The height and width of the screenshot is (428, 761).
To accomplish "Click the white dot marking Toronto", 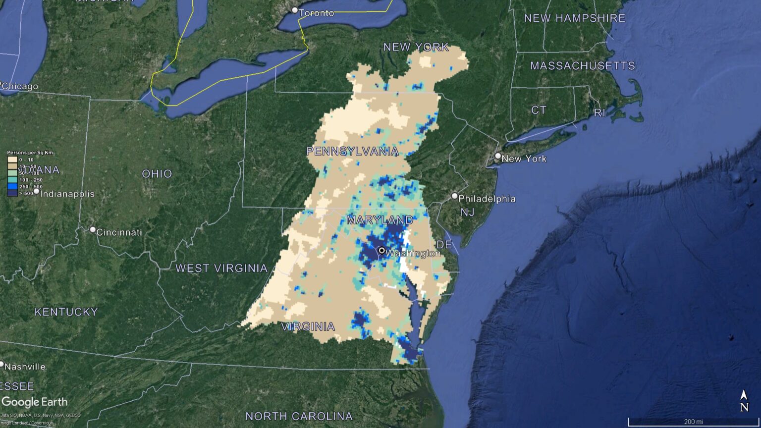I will pos(295,10).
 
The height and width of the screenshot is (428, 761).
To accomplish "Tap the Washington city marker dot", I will pos(382,251).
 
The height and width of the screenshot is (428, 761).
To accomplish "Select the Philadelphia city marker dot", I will pos(454,196).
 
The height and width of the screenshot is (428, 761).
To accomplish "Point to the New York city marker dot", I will pos(498,156).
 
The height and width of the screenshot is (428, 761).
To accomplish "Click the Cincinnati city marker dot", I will pos(93,230).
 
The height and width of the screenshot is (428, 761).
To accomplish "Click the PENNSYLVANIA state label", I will pos(352,151).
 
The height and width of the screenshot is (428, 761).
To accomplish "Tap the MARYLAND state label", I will pos(380,219).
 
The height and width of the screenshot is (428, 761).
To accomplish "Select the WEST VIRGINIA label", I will pos(221,268).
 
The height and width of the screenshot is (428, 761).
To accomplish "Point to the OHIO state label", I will pos(157,174).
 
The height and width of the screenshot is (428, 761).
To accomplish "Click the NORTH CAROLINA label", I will pos(299,416).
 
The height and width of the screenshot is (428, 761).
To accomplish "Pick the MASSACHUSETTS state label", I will pos(582,66).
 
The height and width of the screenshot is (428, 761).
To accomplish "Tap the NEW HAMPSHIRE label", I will pos(575,18).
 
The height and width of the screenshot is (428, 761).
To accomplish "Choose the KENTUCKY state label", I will pos(66,312).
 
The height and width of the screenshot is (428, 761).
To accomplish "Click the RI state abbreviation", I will pos(599,113).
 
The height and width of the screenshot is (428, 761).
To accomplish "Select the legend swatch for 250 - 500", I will pos(12,187).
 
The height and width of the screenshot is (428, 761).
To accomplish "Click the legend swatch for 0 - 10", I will pos(12,160).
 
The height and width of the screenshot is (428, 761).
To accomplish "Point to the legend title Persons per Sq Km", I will pos(30,153).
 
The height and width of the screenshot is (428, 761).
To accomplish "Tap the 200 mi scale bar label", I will pos(693,422).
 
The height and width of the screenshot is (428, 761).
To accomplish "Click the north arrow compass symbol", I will pos(744,401).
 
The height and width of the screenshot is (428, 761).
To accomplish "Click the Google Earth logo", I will pos(34,402).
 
